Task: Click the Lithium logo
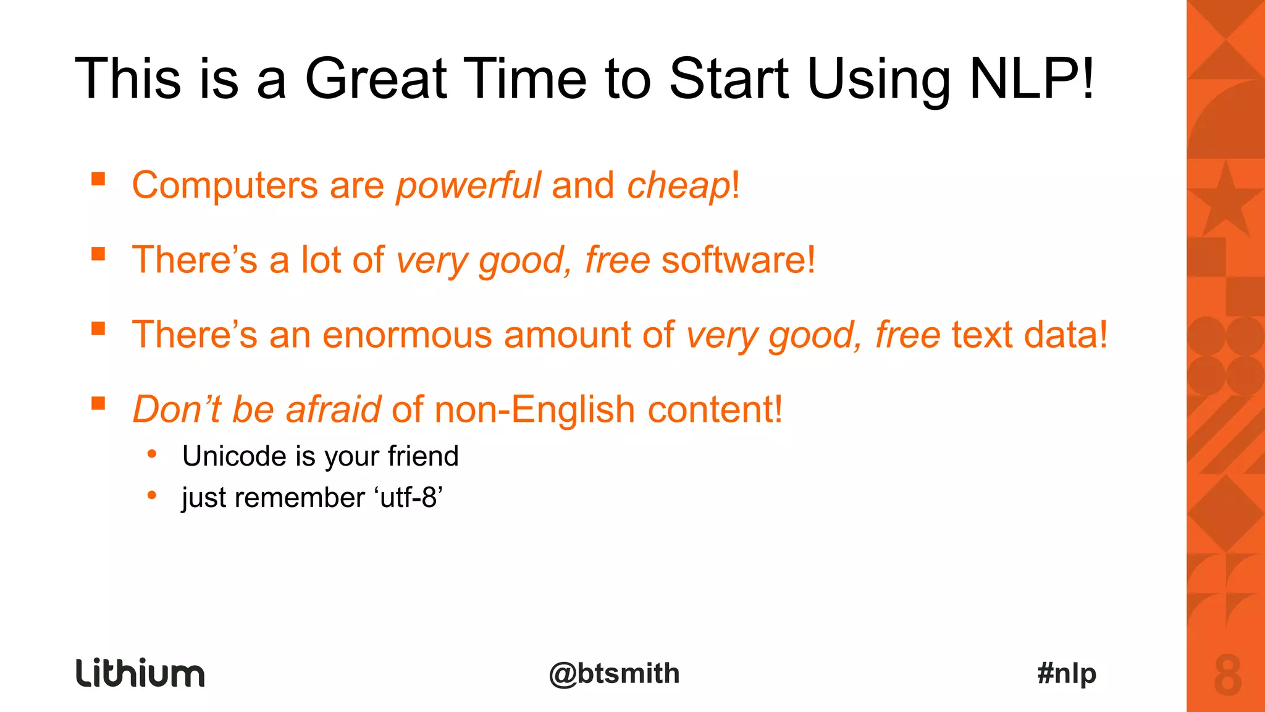pos(140,673)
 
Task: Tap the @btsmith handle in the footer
pos(614,673)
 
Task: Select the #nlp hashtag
pos(1067,673)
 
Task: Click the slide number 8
pos(1227,676)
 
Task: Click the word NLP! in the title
pos(1032,78)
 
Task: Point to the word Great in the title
pos(376,78)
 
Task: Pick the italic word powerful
pos(468,185)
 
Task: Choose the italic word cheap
pos(678,185)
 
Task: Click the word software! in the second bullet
pos(738,259)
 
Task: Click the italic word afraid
pos(334,409)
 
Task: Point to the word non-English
pos(534,409)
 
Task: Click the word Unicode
pos(235,456)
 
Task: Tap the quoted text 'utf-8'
pos(408,498)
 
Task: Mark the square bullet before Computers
pos(98,179)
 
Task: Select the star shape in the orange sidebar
pos(1225,201)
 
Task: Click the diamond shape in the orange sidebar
pos(1225,513)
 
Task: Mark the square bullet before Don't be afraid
pos(98,403)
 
